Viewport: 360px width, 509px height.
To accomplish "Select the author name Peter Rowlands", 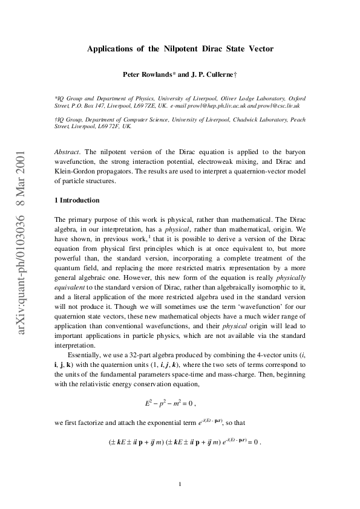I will coord(147,76).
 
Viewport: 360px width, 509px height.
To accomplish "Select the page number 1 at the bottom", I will coord(180,484).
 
